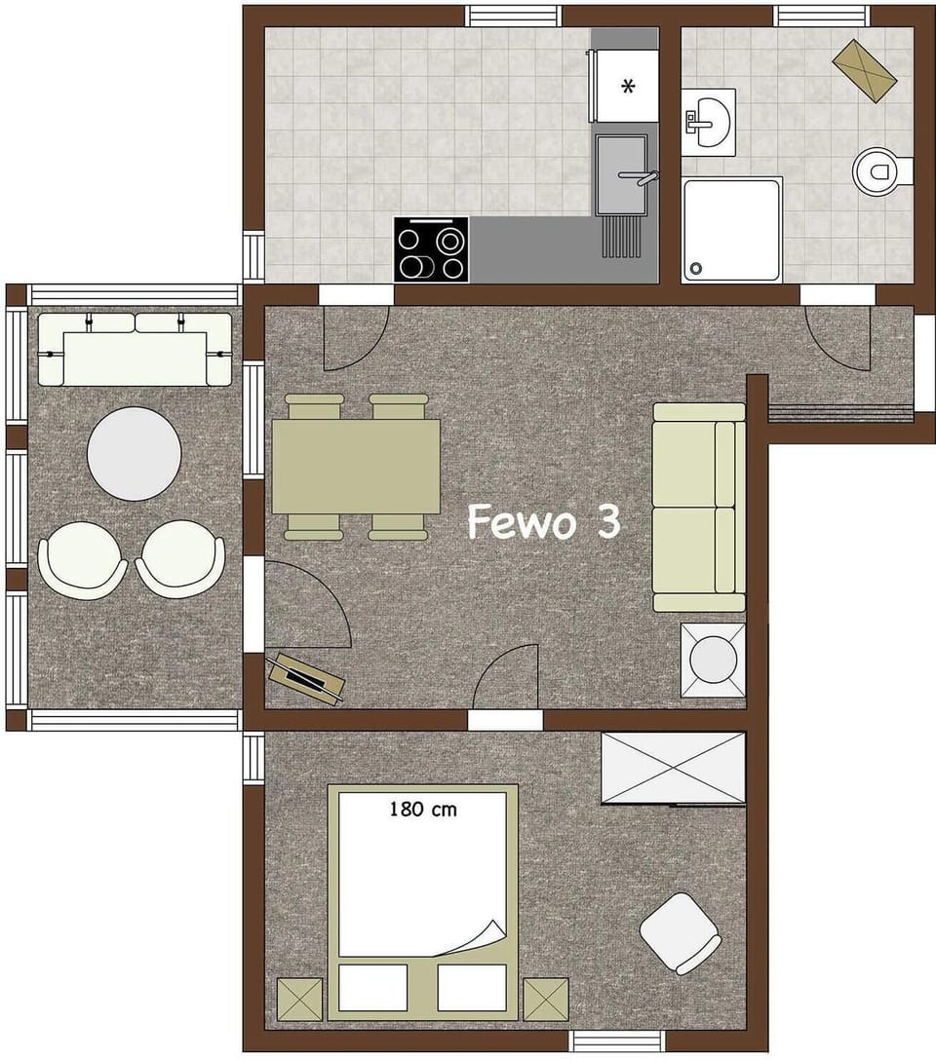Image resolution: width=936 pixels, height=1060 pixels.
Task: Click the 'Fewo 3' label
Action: [543, 522]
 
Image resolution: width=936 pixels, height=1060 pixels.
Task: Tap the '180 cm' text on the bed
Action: [423, 808]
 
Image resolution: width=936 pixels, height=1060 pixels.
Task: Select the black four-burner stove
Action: [431, 250]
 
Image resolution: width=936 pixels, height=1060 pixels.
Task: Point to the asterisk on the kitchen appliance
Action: [628, 88]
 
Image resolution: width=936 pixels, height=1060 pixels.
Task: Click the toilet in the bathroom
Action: [880, 172]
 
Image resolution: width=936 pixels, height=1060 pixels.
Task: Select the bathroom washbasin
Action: [709, 122]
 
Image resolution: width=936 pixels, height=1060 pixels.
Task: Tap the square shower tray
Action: [732, 229]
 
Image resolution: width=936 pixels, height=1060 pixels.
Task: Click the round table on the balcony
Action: [135, 453]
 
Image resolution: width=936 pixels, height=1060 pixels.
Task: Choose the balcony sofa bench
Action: [135, 349]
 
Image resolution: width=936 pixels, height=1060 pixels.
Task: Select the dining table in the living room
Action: [356, 467]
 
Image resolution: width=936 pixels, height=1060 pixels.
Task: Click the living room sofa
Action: [699, 507]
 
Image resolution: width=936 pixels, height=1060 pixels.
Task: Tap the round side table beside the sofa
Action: [713, 660]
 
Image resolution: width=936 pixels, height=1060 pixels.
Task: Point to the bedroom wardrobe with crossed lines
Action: [673, 768]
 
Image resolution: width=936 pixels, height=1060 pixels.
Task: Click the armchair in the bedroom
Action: [681, 932]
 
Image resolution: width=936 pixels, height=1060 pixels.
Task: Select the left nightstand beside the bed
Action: [298, 999]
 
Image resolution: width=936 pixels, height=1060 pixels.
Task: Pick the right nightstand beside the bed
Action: [546, 999]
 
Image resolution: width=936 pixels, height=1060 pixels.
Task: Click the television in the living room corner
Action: [306, 675]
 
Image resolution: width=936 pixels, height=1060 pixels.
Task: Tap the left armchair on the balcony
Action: [83, 558]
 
